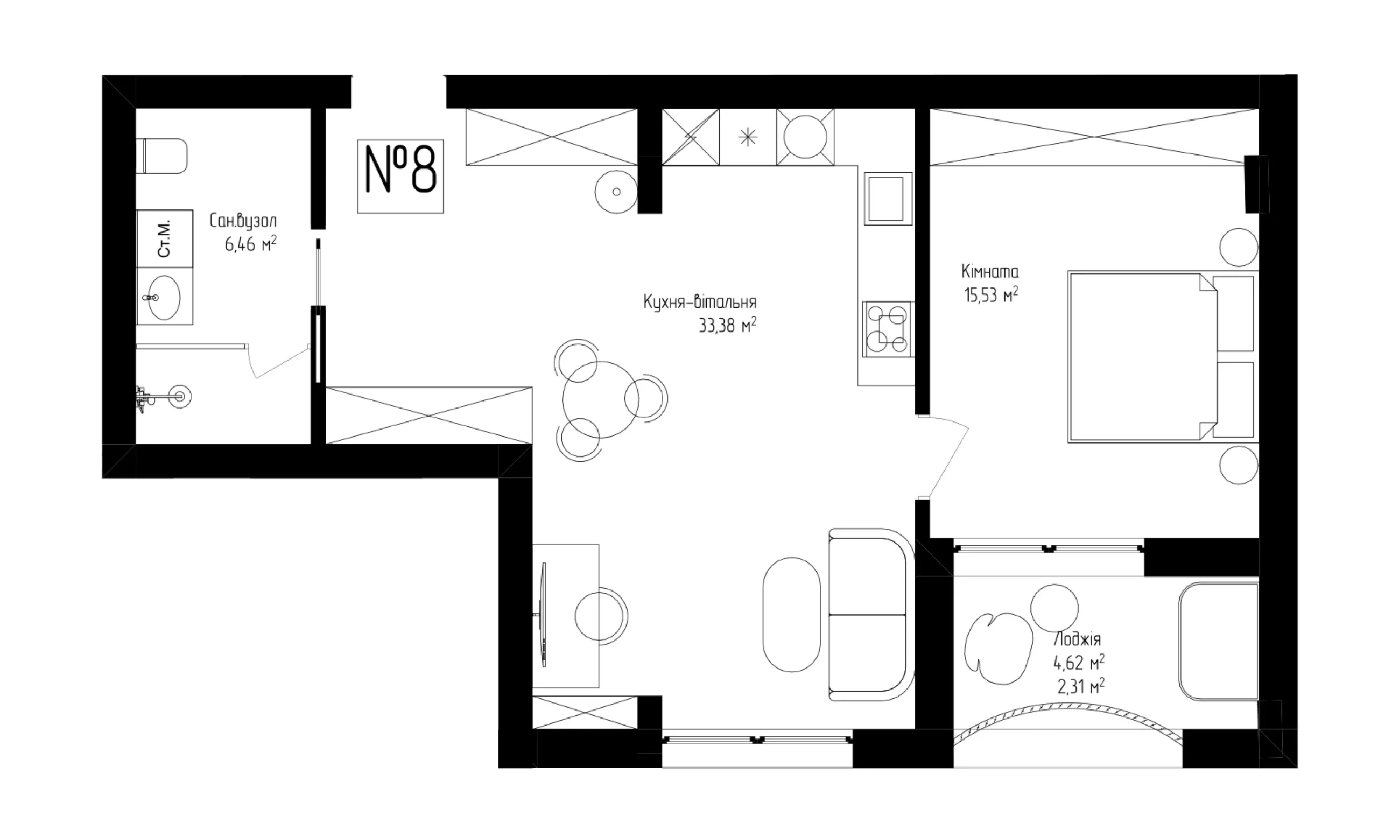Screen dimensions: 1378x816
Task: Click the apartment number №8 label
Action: point(400,176)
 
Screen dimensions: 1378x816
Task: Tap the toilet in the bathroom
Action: point(162,156)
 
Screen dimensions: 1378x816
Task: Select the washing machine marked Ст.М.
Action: point(164,238)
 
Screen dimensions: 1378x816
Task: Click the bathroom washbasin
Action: point(164,298)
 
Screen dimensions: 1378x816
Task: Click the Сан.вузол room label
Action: point(243,221)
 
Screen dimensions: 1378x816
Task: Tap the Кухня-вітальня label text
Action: point(700,302)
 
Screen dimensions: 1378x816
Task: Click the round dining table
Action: point(601,400)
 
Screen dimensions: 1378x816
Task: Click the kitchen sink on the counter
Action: point(888,199)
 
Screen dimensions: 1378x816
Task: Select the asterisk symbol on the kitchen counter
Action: point(748,137)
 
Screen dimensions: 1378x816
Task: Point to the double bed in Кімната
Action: point(1163,356)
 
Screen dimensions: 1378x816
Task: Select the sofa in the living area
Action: point(871,614)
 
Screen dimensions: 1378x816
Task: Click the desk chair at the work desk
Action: point(601,616)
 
